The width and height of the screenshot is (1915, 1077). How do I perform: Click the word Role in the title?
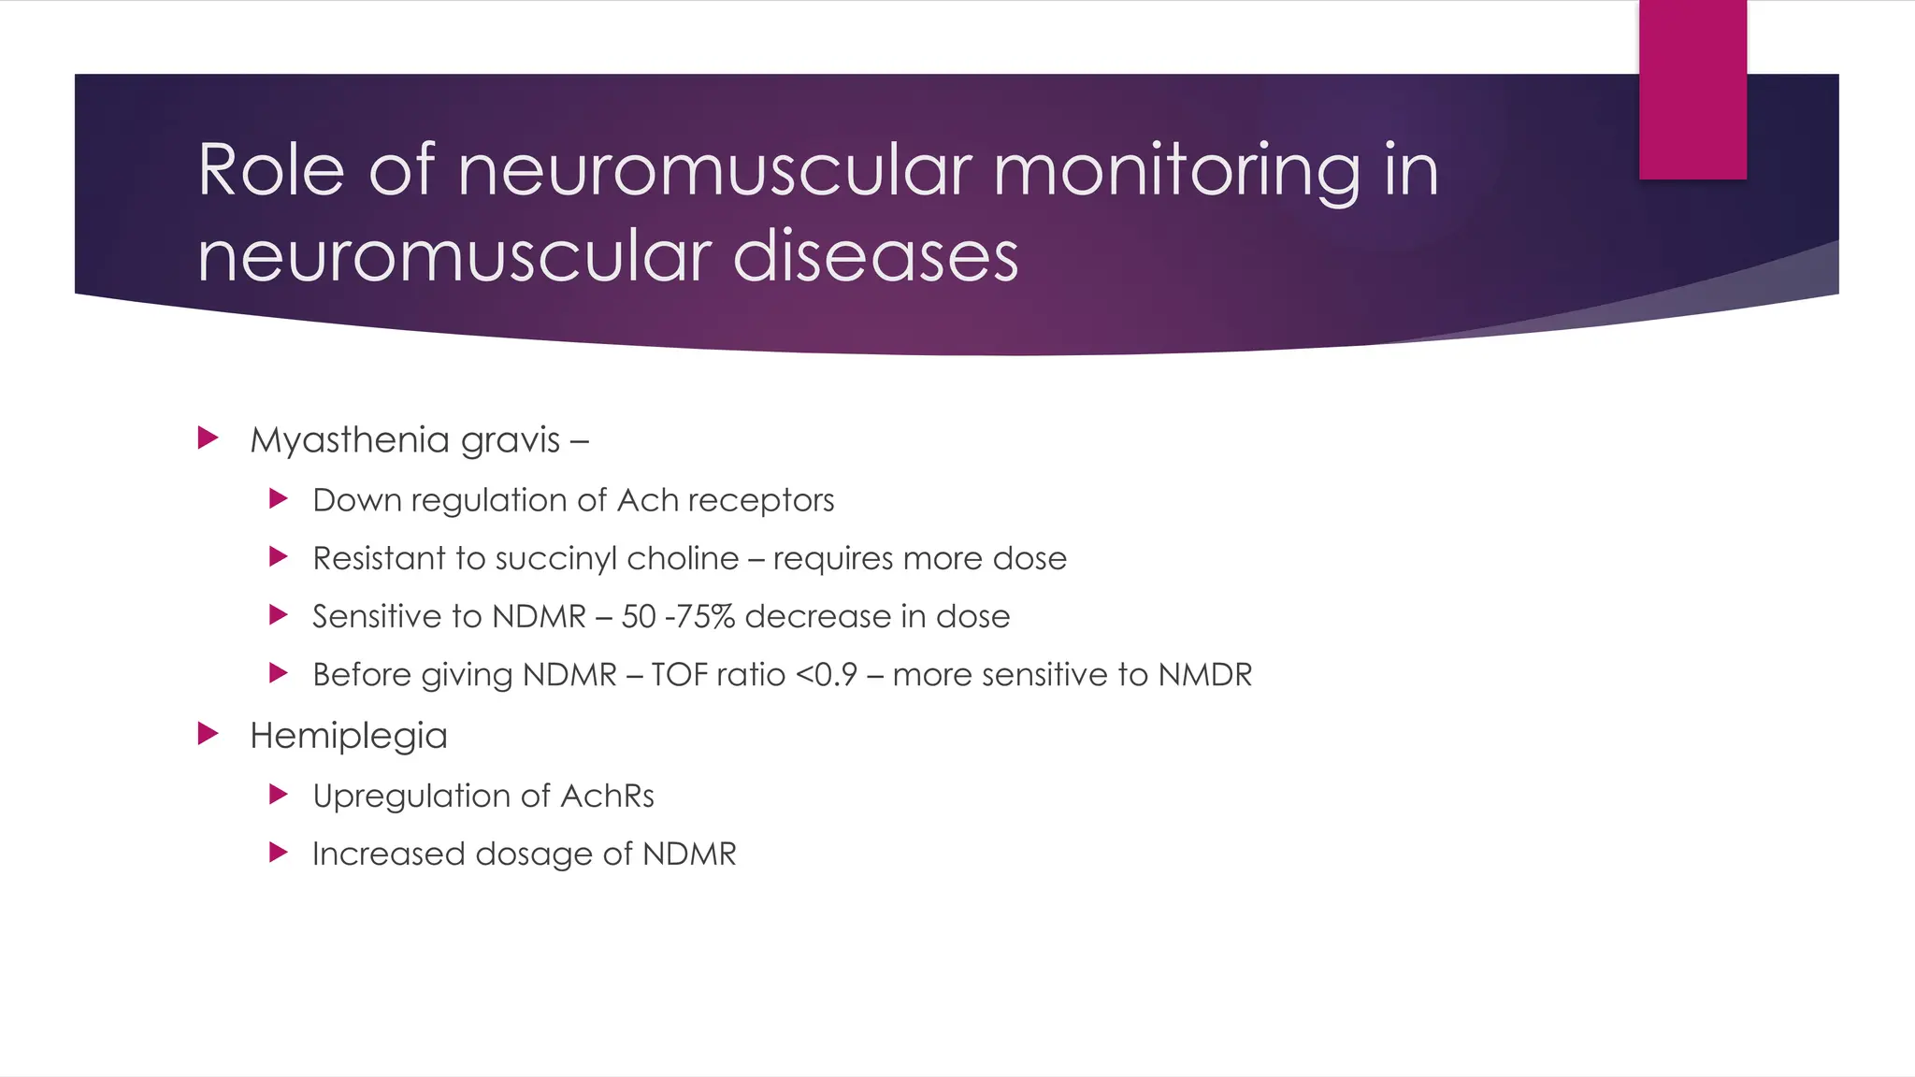tap(271, 170)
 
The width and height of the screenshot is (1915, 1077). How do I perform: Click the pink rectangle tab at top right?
tap(1692, 90)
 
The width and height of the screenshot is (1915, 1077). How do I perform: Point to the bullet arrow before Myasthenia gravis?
tap(209, 438)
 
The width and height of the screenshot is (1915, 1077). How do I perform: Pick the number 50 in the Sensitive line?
tap(639, 617)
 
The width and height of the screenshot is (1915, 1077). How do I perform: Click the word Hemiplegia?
tap(348, 737)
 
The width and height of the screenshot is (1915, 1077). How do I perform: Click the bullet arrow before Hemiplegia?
tap(209, 734)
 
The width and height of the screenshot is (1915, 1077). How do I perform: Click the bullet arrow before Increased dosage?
tap(278, 852)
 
